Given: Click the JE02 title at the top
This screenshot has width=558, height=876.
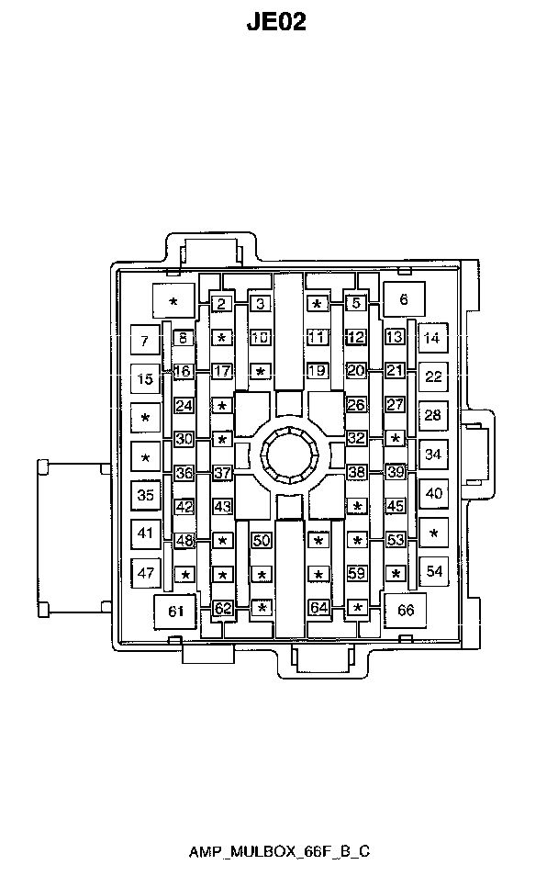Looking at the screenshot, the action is pyautogui.click(x=276, y=22).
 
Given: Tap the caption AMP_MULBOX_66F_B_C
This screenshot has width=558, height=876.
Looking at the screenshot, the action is pyautogui.click(x=279, y=851).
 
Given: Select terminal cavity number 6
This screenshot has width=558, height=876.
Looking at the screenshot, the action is pyautogui.click(x=404, y=299).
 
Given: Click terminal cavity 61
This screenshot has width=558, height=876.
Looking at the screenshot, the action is pyautogui.click(x=175, y=612).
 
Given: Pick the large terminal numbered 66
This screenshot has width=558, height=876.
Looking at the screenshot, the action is pyautogui.click(x=406, y=610).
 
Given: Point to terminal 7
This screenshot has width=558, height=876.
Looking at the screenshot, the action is pyautogui.click(x=145, y=341).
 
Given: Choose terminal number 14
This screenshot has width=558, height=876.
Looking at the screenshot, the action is pyautogui.click(x=431, y=337).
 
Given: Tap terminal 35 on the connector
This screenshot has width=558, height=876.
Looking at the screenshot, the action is pyautogui.click(x=146, y=495).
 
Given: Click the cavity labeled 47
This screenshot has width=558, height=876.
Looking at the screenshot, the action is pyautogui.click(x=146, y=573).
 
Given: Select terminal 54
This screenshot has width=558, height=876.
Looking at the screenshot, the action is pyautogui.click(x=434, y=571).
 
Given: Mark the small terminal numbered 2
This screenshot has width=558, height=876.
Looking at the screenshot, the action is pyautogui.click(x=222, y=304).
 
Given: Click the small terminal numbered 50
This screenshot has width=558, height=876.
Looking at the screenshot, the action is pyautogui.click(x=262, y=540).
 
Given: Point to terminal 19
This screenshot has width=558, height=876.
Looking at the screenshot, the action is pyautogui.click(x=318, y=370).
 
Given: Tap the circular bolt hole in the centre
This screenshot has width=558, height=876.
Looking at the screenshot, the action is pyautogui.click(x=290, y=456).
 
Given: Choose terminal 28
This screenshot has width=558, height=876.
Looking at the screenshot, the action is pyautogui.click(x=433, y=415).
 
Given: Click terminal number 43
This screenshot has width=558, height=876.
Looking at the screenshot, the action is pyautogui.click(x=222, y=507).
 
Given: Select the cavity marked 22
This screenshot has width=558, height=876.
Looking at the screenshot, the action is pyautogui.click(x=433, y=376).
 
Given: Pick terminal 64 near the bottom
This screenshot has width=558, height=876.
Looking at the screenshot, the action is pyautogui.click(x=318, y=607).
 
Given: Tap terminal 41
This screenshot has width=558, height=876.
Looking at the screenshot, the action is pyautogui.click(x=146, y=533).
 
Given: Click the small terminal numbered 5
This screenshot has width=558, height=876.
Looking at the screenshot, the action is pyautogui.click(x=356, y=303).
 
